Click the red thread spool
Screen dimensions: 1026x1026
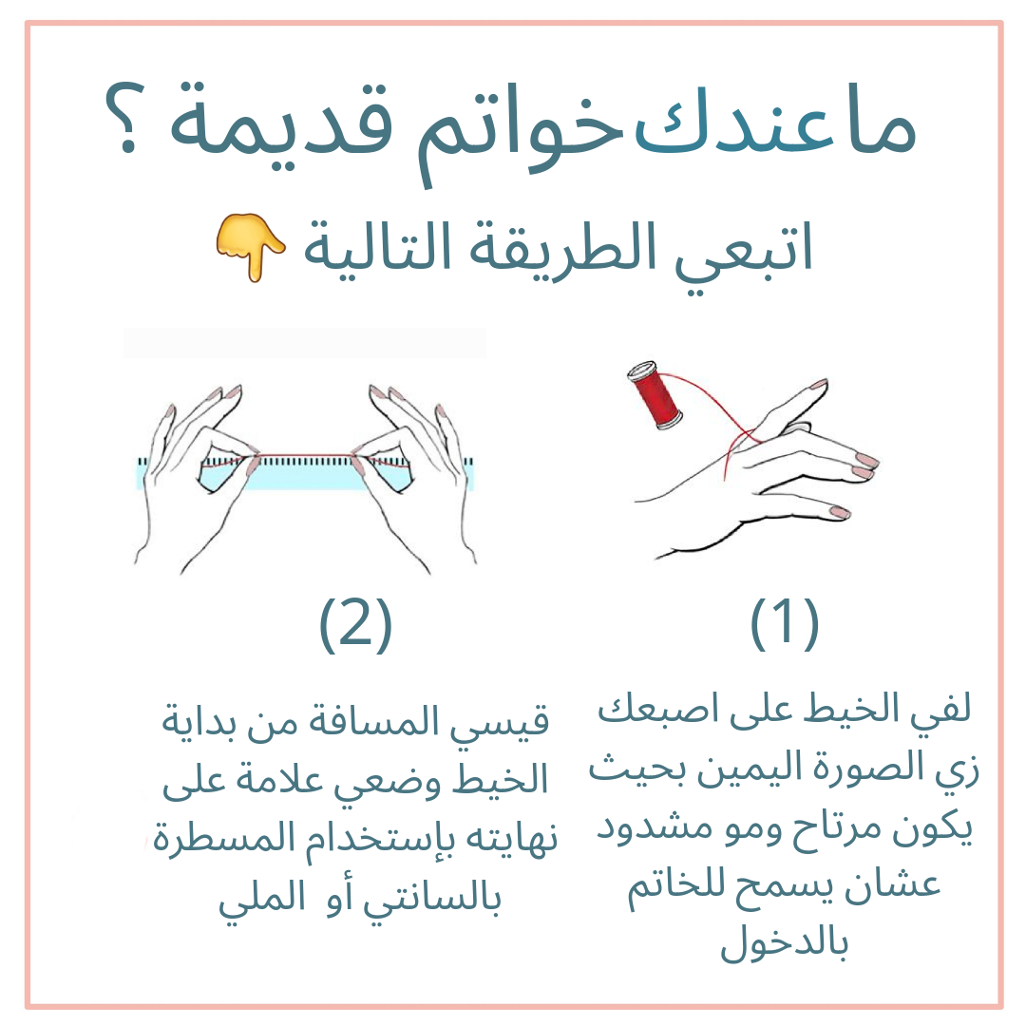point(655,394)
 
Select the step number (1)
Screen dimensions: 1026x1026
point(784,623)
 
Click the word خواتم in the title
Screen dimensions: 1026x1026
point(521,131)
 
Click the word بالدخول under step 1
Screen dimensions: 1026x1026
point(784,942)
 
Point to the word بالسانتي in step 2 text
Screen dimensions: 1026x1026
point(432,900)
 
